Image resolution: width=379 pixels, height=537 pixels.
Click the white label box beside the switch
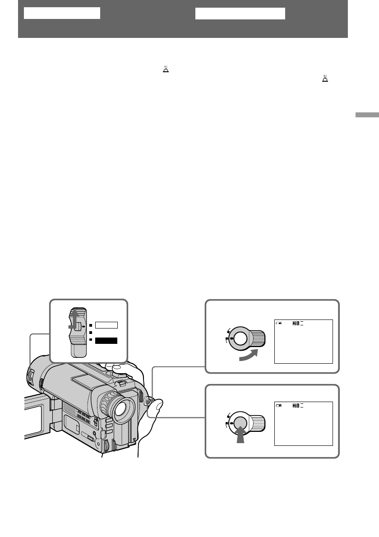[x=106, y=324]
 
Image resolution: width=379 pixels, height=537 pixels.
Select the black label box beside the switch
[x=106, y=341]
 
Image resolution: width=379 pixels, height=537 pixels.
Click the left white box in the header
[x=62, y=13]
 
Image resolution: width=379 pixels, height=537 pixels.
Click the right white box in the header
[x=240, y=14]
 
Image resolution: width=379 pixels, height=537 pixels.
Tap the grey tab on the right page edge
[x=366, y=115]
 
